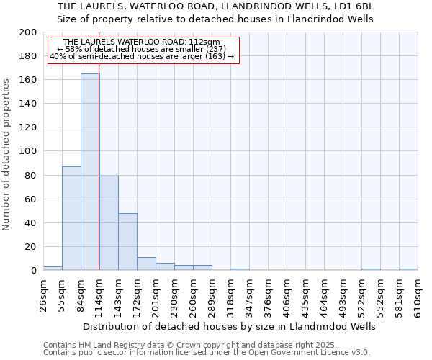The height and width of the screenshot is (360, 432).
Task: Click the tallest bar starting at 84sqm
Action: click(x=90, y=172)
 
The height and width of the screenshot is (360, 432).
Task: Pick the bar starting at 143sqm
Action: click(x=127, y=242)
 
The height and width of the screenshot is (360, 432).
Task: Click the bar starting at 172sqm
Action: click(x=146, y=264)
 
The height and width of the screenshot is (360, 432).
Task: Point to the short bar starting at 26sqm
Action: click(x=53, y=269)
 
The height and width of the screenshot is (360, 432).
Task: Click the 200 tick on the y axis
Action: click(x=28, y=32)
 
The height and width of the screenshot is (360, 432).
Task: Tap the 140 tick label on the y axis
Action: click(x=28, y=104)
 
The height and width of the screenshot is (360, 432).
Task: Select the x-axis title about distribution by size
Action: click(x=229, y=326)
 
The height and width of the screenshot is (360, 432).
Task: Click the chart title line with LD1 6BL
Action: click(x=216, y=6)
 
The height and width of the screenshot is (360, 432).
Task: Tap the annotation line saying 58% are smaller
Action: click(x=141, y=49)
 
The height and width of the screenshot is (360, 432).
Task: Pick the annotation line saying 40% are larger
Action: click(x=142, y=56)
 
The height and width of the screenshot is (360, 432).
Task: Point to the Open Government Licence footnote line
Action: click(x=207, y=352)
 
